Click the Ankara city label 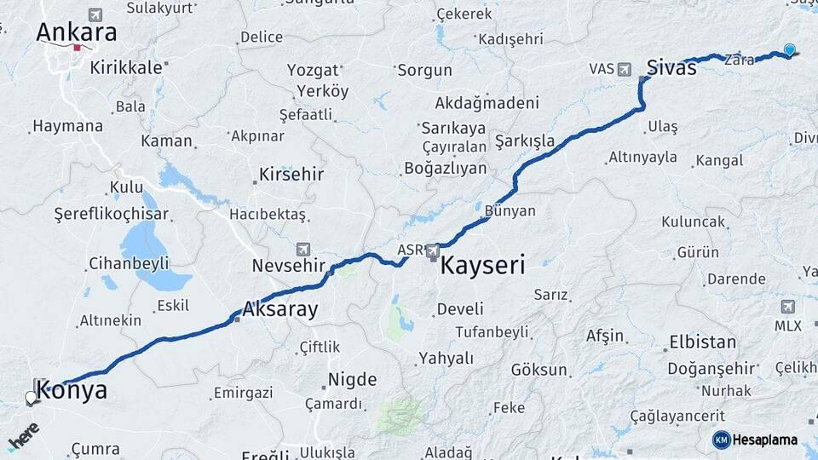[x=77, y=33]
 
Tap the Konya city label [x=72, y=391]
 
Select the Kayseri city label [x=481, y=264]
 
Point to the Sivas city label [x=671, y=67]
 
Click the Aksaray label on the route [x=280, y=309]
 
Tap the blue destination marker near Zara [x=790, y=50]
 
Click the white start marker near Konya [x=31, y=397]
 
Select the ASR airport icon [x=433, y=250]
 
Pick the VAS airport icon [x=625, y=68]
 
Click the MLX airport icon [x=787, y=307]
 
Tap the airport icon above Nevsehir [x=302, y=249]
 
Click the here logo [x=23, y=435]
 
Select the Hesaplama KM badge [x=755, y=440]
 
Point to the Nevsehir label [x=289, y=266]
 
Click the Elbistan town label [x=702, y=342]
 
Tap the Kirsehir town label [x=291, y=175]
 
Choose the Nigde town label [x=353, y=380]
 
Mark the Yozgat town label [x=313, y=70]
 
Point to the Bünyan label [x=510, y=211]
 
